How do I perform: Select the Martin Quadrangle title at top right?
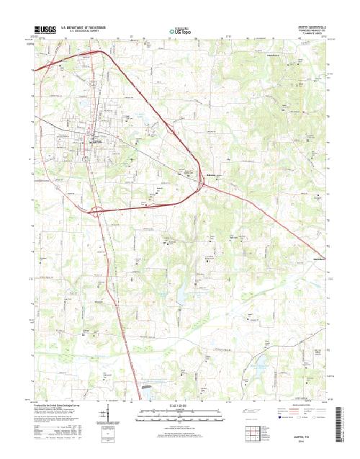pos(307,24)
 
